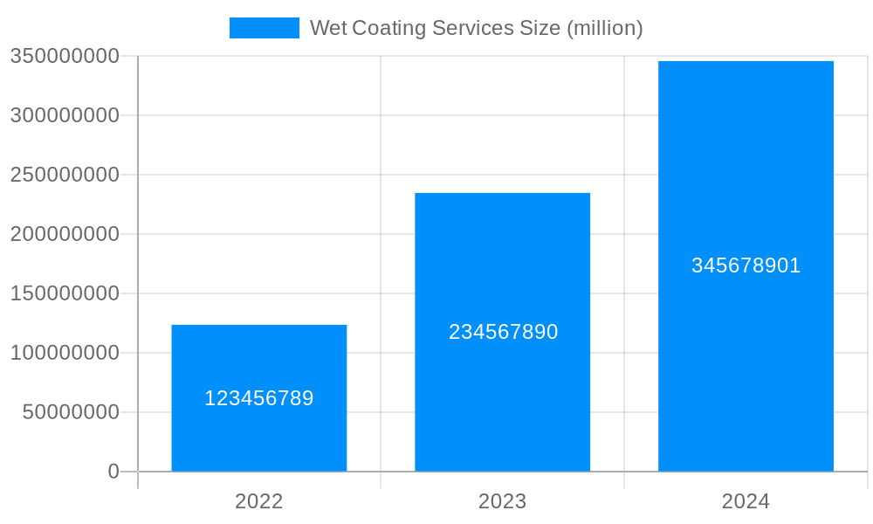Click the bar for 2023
[502, 262]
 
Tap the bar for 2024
[746, 175]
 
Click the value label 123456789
[258, 398]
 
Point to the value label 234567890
[503, 332]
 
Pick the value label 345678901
[746, 265]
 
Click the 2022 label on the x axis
[258, 501]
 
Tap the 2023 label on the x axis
[502, 501]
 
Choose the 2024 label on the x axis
[746, 501]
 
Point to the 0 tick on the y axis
[113, 472]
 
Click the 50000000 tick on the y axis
[71, 412]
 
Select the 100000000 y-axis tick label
[65, 353]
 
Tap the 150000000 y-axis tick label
[65, 293]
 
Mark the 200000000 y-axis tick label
[65, 234]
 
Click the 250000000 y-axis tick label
[65, 175]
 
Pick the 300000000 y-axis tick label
[65, 115]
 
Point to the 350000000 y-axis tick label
[65, 56]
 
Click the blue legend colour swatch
[264, 28]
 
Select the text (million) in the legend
[604, 28]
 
